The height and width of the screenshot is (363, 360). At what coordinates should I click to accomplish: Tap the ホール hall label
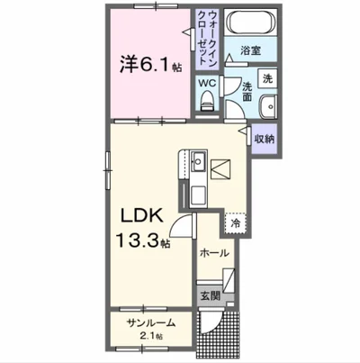pos(214,254)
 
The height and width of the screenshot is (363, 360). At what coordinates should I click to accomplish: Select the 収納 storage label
pos(264,138)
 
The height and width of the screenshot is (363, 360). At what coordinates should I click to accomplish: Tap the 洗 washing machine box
pos(267,79)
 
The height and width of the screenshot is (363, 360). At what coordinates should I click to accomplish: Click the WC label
pos(206,83)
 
